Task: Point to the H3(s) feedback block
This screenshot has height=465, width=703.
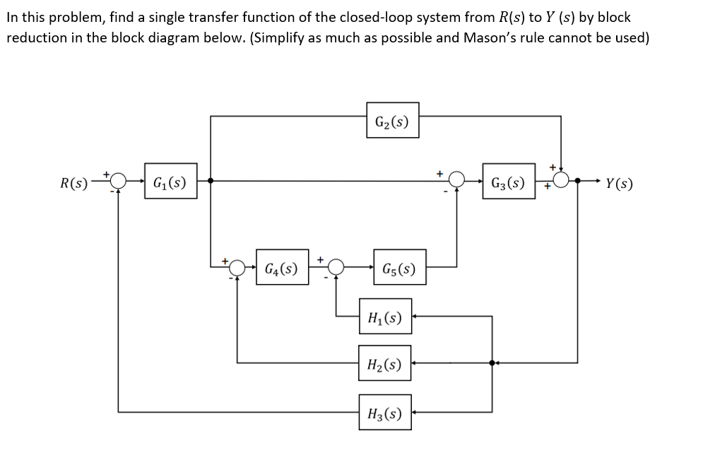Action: pyautogui.click(x=384, y=411)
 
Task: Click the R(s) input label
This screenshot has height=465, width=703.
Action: pyautogui.click(x=74, y=183)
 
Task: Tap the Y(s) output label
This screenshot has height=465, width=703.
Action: pyautogui.click(x=619, y=183)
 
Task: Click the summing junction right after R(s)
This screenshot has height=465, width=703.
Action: pyautogui.click(x=118, y=181)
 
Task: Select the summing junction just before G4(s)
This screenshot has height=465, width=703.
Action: pyautogui.click(x=237, y=267)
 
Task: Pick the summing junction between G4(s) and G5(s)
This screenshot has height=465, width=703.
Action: pyautogui.click(x=336, y=267)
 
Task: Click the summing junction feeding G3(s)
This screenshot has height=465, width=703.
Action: pyautogui.click(x=457, y=181)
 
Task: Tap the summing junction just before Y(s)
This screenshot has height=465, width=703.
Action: pyautogui.click(x=561, y=181)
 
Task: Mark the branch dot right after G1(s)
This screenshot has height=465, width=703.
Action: pyautogui.click(x=211, y=181)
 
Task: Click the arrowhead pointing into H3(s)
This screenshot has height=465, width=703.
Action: pyautogui.click(x=417, y=411)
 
